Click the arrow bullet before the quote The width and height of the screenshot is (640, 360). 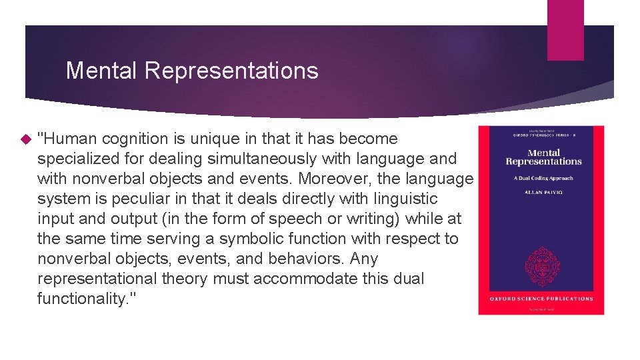click(x=26, y=139)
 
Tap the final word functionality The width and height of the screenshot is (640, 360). click(x=83, y=299)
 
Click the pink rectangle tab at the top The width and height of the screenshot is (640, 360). click(x=565, y=30)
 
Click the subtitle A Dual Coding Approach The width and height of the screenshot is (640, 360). click(x=543, y=178)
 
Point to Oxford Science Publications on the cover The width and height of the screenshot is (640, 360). click(x=542, y=299)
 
